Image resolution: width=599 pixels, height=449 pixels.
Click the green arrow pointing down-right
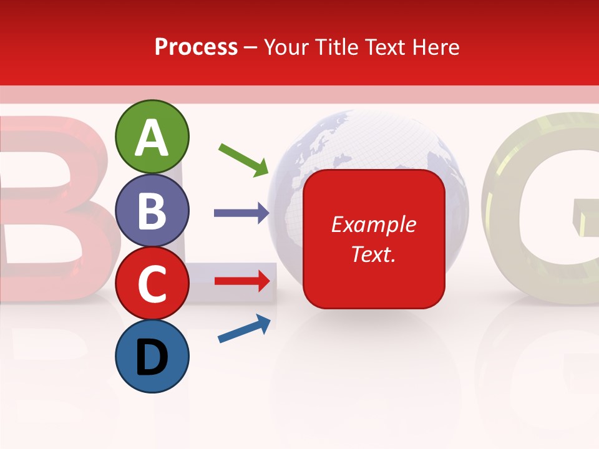tap(243, 159)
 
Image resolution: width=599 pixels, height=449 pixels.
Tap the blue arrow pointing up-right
tap(244, 329)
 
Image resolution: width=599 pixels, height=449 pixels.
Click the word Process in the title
tap(196, 47)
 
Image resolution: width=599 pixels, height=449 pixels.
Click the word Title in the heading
tap(338, 47)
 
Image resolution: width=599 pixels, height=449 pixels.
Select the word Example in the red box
tap(373, 224)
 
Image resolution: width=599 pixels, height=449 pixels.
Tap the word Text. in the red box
tap(373, 254)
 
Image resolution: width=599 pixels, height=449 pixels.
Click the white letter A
tap(152, 138)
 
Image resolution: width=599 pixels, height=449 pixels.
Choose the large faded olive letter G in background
tap(543, 206)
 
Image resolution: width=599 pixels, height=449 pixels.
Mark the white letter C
tap(152, 284)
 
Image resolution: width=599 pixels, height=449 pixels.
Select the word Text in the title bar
tap(385, 47)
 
